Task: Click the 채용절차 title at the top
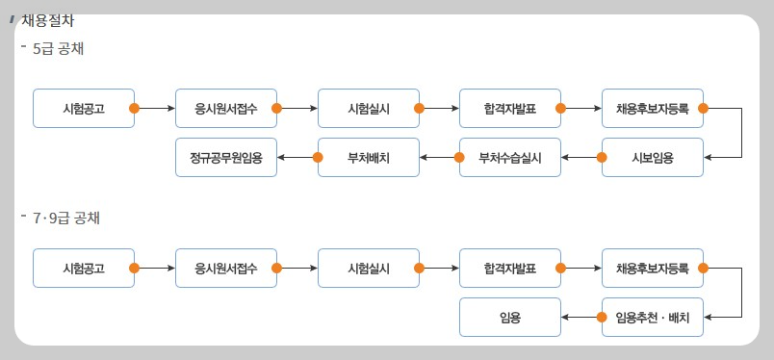pos(47,20)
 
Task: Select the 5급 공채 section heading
pos(58,48)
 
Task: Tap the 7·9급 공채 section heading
pos(65,218)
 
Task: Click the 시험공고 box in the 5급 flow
pos(83,109)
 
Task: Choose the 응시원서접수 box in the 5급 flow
pos(225,109)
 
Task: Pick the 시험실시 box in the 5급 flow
pos(368,109)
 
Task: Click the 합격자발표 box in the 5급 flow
pos(509,109)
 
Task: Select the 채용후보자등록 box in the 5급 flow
pos(652,109)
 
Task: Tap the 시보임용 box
pos(652,158)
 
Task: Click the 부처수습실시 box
pos(509,158)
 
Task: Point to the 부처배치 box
pos(368,158)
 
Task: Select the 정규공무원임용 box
pos(225,158)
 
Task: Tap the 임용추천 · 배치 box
pos(652,317)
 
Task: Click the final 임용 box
pos(509,317)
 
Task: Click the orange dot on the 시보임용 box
pos(602,158)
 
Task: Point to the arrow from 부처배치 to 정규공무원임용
pos(297,158)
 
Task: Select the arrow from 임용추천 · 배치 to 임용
pos(581,317)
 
